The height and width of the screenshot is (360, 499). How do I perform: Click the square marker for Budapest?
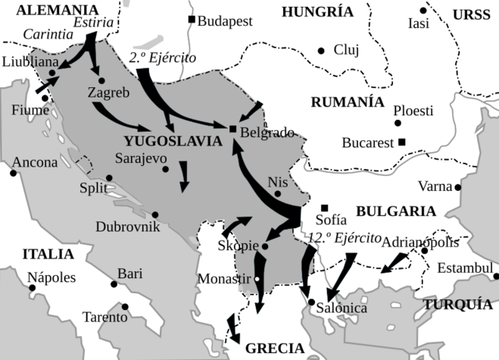pyautogui.click(x=191, y=19)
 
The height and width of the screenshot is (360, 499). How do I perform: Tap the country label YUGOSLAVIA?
pyautogui.click(x=167, y=141)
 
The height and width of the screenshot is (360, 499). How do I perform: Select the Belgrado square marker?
pyautogui.click(x=232, y=129)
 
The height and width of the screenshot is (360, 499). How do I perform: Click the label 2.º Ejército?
pyautogui.click(x=162, y=58)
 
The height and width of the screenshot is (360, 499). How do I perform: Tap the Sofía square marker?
pyautogui.click(x=324, y=207)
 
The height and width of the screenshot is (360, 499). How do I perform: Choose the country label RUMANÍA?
pyautogui.click(x=347, y=103)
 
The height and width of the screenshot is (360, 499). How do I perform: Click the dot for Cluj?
pyautogui.click(x=320, y=51)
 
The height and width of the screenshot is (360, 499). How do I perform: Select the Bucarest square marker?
pyautogui.click(x=402, y=142)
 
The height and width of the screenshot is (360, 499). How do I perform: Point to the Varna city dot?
pyautogui.click(x=458, y=187)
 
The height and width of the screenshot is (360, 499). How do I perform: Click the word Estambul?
pyautogui.click(x=465, y=269)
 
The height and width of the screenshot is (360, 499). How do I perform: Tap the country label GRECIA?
pyautogui.click(x=274, y=348)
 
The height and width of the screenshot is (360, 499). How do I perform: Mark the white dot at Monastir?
pyautogui.click(x=257, y=278)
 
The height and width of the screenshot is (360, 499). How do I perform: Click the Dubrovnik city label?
pyautogui.click(x=128, y=227)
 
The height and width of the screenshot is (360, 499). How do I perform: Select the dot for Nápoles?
pyautogui.click(x=33, y=288)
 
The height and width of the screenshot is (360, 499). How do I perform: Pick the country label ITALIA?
pyautogui.click(x=48, y=254)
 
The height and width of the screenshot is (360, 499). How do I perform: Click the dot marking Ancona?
pyautogui.click(x=13, y=172)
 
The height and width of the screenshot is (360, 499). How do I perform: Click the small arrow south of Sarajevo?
pyautogui.click(x=184, y=176)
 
